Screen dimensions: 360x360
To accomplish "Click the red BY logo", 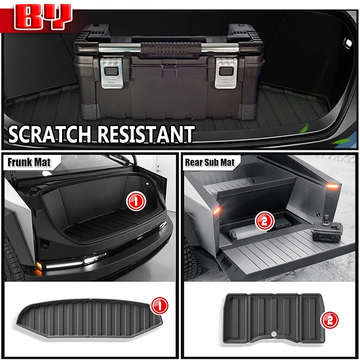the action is pos(43,17).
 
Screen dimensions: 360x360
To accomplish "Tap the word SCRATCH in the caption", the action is pos(50,134).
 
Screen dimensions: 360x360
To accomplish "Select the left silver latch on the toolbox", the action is pos(112,73).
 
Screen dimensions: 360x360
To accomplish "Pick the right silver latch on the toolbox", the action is pos(226,73).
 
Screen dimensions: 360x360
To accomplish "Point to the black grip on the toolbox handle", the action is pos(171,48).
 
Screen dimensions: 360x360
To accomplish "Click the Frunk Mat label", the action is pos(29,162).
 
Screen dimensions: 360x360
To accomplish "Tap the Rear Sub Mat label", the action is pos(210,162).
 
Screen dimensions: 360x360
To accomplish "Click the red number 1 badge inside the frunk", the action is pos(136,201).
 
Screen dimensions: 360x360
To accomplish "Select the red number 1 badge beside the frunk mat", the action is pos(159,306).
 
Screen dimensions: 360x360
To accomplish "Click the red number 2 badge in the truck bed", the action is pos(265,221).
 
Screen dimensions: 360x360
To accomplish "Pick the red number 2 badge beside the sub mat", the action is pos(329,320).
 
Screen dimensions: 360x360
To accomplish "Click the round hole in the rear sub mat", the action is pos(274,334).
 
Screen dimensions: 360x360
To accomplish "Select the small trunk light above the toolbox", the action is pos(348,43).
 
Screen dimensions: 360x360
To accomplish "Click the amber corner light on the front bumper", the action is pos(39,266).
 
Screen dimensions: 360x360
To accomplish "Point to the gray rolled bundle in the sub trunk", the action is pos(247,232).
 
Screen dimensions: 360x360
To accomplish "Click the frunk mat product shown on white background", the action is pos(90,318).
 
